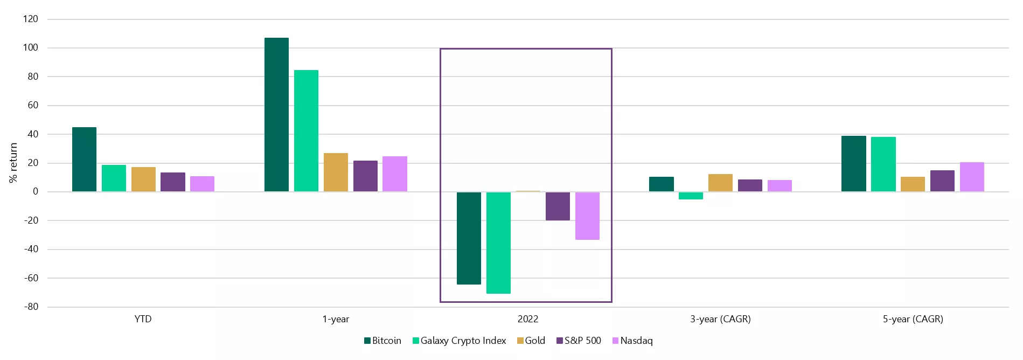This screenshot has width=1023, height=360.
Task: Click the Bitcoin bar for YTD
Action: coord(84,160)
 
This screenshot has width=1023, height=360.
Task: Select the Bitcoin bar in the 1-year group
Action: coord(276,115)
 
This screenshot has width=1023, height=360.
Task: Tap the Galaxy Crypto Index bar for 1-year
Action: coord(306,131)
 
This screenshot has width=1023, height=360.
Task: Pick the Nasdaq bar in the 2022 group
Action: coord(587,216)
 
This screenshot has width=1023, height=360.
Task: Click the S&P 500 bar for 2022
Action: coord(558,206)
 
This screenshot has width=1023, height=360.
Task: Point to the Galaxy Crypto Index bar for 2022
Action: coord(498,243)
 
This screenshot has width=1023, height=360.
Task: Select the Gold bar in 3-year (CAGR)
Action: coord(720,183)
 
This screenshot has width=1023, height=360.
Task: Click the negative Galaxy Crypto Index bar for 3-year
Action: coord(691,196)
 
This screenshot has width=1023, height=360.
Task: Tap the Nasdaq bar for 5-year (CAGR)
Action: coord(972,177)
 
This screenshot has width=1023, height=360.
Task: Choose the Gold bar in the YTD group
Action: coord(143,179)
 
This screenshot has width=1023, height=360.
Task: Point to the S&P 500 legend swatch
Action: coord(560,341)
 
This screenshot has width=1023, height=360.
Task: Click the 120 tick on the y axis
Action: coord(31,19)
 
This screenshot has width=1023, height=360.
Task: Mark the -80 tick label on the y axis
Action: coord(31,307)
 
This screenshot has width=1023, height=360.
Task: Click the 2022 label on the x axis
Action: coord(528,319)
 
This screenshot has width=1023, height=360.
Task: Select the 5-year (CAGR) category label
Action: coord(913,319)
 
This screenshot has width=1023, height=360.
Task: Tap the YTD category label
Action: coord(143,319)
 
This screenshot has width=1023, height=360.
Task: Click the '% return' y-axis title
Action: coord(13,163)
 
